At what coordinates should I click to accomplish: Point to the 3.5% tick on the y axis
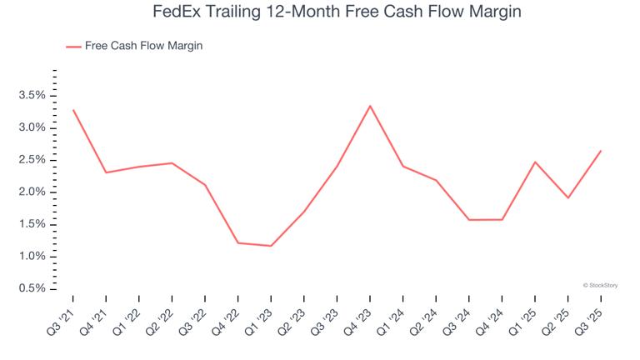pos(32,96)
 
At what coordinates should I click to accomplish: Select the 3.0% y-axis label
pos(32,127)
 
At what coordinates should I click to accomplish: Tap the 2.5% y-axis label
pos(32,160)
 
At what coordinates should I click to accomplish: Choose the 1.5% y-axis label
pos(32,224)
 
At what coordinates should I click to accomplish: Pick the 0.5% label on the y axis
pos(32,288)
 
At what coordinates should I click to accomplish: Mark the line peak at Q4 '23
pos(370,106)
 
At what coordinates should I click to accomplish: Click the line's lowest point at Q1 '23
pos(271,246)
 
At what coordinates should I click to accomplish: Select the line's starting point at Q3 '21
pos(73,110)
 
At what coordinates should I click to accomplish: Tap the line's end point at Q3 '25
pos(601,151)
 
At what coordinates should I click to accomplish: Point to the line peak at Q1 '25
pos(535,162)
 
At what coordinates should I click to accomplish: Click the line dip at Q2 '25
pos(568,197)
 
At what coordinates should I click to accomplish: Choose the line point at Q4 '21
pos(106,172)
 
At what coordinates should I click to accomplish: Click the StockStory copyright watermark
pos(600,285)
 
